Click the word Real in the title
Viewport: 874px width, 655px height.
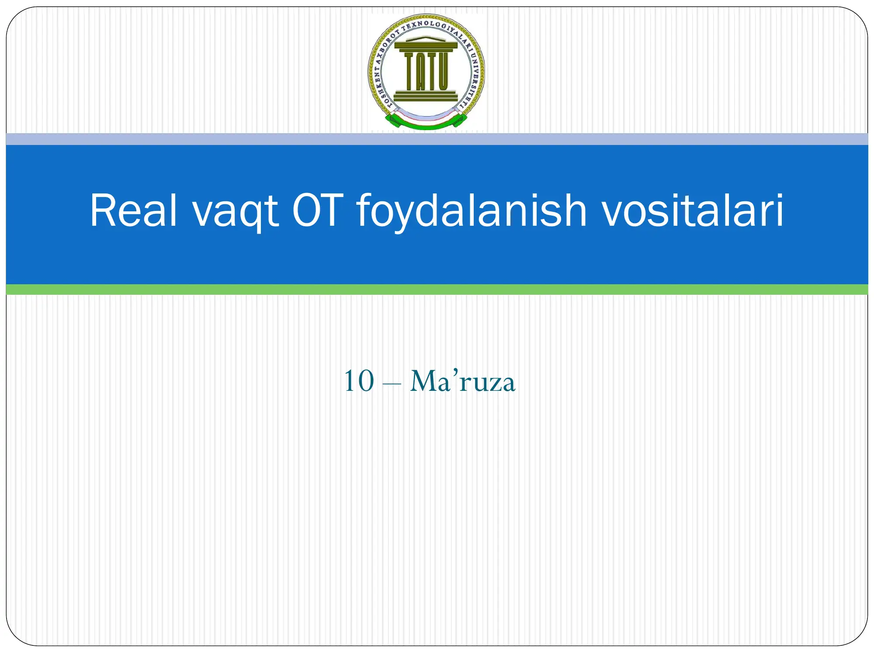click(x=133, y=211)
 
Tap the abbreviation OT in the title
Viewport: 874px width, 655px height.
click(x=318, y=211)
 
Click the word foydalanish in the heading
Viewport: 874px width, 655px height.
click(x=471, y=212)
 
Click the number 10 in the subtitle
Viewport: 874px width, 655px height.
click(x=359, y=381)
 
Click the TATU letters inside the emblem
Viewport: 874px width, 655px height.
click(x=426, y=71)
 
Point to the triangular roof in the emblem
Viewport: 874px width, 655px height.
click(x=426, y=40)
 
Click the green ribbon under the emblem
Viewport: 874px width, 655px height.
click(x=426, y=125)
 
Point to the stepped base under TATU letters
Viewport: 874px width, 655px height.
click(x=426, y=96)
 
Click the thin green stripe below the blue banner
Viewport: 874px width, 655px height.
click(x=437, y=290)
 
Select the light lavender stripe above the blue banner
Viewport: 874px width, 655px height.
click(x=437, y=139)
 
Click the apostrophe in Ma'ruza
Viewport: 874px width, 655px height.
click(x=455, y=372)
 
